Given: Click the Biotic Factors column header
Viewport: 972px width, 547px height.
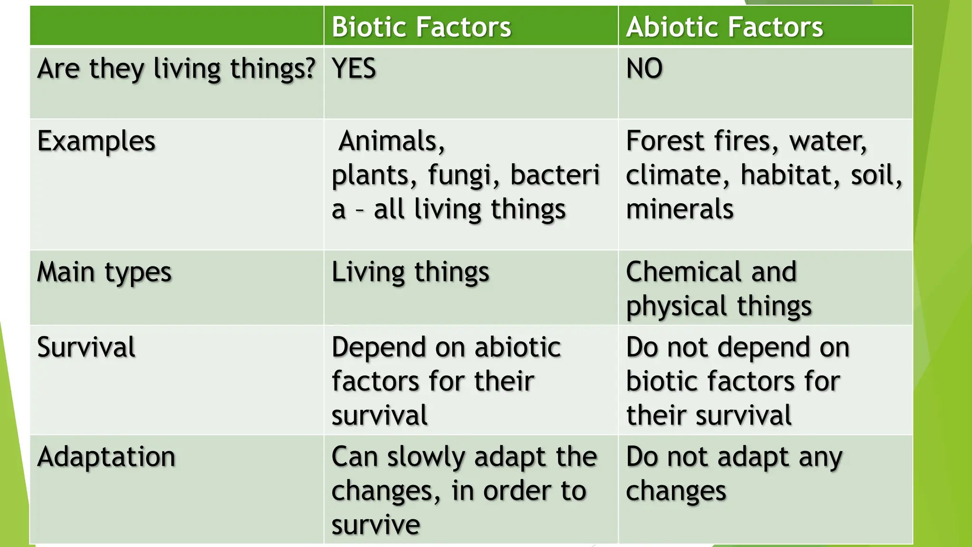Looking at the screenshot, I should pyautogui.click(x=421, y=27).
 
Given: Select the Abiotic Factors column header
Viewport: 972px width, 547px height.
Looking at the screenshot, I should pyautogui.click(x=724, y=27).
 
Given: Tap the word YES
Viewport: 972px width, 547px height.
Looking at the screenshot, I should pyautogui.click(x=354, y=68).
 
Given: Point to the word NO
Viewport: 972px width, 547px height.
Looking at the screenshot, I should pyautogui.click(x=644, y=68).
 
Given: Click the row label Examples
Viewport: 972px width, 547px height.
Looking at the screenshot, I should pyautogui.click(x=96, y=141).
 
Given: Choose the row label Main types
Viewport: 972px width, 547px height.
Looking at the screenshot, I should pyautogui.click(x=104, y=273).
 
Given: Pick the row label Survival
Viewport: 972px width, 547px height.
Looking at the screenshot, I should pyautogui.click(x=86, y=347).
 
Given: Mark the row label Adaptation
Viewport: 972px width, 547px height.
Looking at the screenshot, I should pyautogui.click(x=106, y=457).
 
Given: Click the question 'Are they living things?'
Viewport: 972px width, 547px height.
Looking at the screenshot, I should pyautogui.click(x=176, y=69).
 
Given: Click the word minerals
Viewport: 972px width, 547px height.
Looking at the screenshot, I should pyautogui.click(x=680, y=209).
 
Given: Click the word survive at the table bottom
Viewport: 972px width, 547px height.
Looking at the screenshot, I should pyautogui.click(x=375, y=525).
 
